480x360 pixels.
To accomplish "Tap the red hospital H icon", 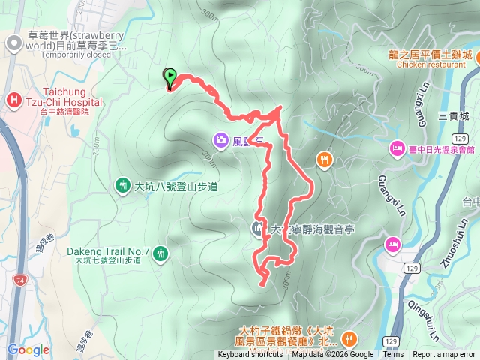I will coord(13,100).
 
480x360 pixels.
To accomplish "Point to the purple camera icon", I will coord(221,139).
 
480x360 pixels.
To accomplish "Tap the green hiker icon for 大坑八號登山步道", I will coord(122,185).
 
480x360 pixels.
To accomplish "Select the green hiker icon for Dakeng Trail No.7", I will coord(160,256).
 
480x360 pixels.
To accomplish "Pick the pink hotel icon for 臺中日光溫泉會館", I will coord(395,150).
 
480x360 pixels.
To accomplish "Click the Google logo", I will coord(28,349).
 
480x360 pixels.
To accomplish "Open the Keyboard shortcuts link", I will coord(250,355).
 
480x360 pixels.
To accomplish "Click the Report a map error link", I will coord(444,355).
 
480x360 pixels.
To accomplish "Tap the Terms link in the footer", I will coord(393,355).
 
